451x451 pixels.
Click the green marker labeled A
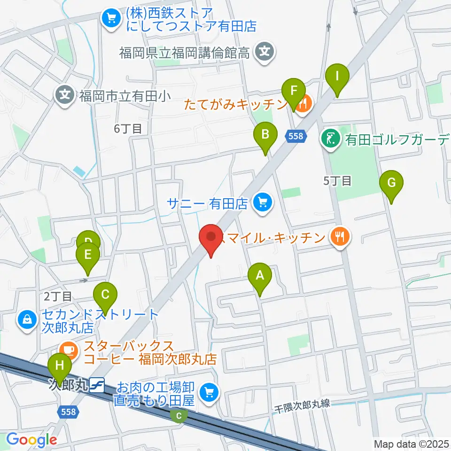(260, 277)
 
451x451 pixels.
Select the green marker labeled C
(105, 295)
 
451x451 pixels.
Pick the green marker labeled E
(88, 255)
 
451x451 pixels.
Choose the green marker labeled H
(60, 366)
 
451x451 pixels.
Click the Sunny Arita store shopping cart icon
(261, 203)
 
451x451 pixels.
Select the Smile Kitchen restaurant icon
(340, 236)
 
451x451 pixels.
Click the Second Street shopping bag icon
(27, 320)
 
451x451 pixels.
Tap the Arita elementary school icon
(65, 96)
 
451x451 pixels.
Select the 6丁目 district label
(128, 129)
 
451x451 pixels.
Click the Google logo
(31, 440)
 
